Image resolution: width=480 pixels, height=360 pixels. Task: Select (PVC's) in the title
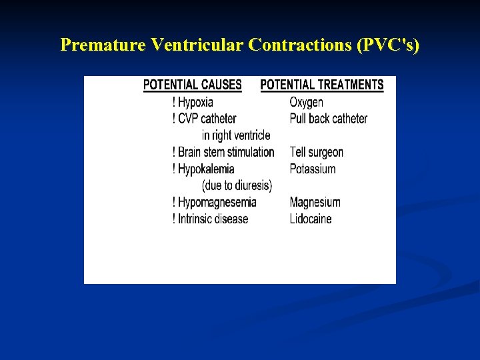click(x=388, y=45)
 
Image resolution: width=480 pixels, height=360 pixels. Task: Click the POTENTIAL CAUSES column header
click(x=193, y=85)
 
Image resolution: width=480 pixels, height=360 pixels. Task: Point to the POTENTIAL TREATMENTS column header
click(x=322, y=85)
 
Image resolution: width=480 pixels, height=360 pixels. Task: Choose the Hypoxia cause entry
click(x=193, y=102)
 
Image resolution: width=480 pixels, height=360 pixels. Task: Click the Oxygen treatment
click(x=306, y=102)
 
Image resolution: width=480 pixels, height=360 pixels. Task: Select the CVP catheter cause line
click(x=204, y=119)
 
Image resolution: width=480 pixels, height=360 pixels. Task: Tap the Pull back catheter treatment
click(x=329, y=119)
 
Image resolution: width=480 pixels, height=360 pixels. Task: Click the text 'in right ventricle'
click(x=236, y=135)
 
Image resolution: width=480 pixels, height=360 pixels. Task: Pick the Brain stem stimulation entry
click(x=223, y=152)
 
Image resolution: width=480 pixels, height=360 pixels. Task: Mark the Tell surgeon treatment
click(x=317, y=152)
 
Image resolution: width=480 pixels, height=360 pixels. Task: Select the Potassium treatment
click(x=313, y=169)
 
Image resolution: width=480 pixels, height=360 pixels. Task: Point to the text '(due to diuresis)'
click(x=237, y=185)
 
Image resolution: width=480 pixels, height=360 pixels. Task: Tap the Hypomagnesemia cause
click(x=214, y=202)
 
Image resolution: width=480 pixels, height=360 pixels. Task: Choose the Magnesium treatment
click(x=315, y=202)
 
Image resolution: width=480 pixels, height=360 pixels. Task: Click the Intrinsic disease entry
click(x=210, y=219)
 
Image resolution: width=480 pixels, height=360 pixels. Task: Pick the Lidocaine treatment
click(x=311, y=219)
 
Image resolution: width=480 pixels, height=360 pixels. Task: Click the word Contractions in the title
click(x=301, y=45)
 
